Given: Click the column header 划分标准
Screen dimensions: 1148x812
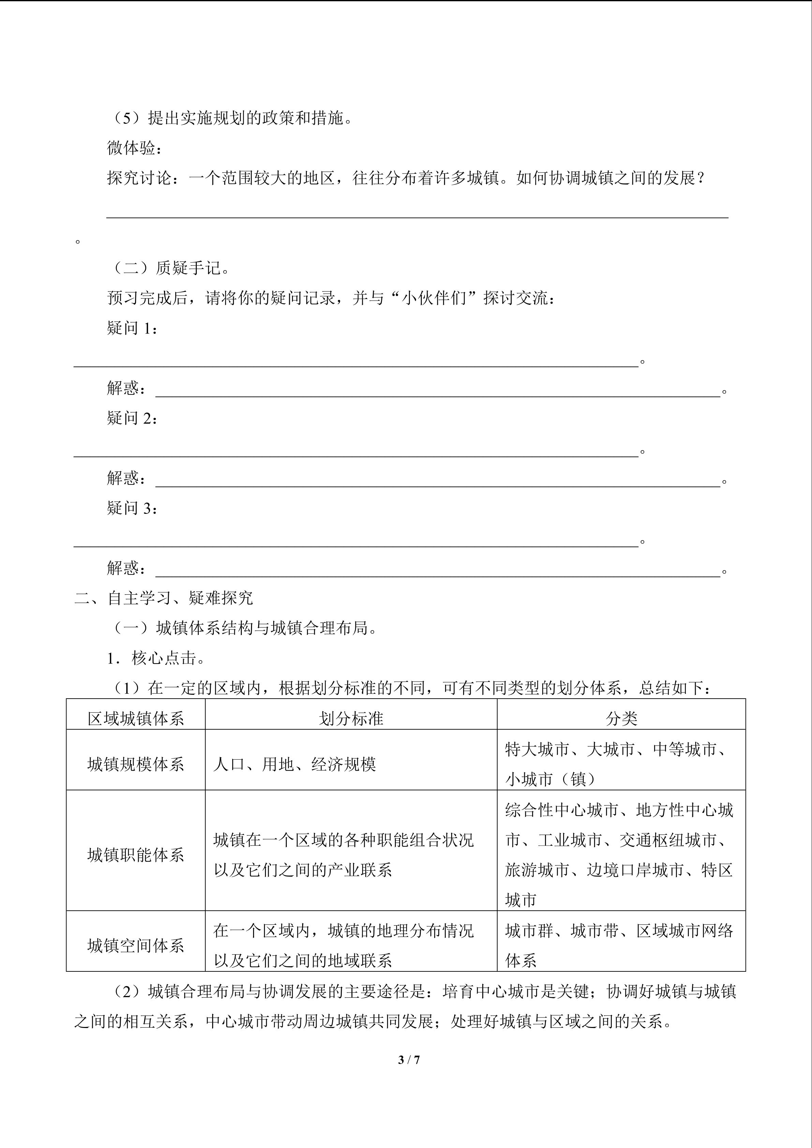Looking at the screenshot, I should pos(351,718).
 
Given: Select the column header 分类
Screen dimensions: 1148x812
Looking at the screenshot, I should pos(621,718).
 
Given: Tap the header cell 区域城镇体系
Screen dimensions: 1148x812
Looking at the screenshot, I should pos(135,718).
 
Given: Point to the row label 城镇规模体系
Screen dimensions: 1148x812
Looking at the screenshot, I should pos(135,764).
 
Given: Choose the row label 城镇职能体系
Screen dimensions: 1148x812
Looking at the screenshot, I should pos(135,854).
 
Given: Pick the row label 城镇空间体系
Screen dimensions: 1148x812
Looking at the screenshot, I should pos(135,945).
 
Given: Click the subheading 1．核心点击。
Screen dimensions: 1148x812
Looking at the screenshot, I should pos(156,658).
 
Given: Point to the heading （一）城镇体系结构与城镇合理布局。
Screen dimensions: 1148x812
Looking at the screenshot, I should pos(245,628).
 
